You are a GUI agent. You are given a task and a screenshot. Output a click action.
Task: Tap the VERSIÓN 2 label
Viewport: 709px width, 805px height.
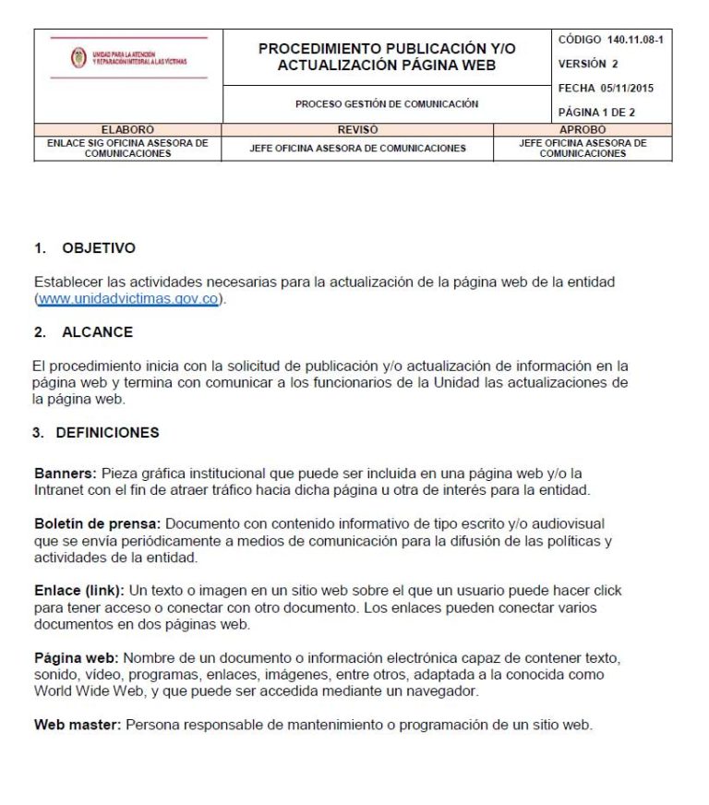(x=588, y=64)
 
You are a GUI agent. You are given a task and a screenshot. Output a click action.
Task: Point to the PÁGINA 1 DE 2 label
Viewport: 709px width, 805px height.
(x=596, y=113)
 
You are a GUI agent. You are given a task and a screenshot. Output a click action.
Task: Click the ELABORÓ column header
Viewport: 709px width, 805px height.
(x=127, y=130)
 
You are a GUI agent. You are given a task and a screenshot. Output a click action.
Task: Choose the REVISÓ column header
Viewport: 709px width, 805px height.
(x=357, y=130)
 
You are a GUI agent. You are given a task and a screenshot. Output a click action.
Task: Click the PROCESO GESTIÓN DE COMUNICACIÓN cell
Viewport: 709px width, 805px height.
(x=386, y=104)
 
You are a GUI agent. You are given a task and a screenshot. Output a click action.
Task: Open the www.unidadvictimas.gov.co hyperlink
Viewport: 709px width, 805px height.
(x=128, y=299)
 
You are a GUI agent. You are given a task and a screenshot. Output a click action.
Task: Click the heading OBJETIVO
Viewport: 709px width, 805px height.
(x=98, y=248)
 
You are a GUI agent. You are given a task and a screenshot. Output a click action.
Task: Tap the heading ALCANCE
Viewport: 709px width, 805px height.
(x=97, y=331)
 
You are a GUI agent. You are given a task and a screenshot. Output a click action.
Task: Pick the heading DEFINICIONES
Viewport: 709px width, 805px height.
(x=107, y=432)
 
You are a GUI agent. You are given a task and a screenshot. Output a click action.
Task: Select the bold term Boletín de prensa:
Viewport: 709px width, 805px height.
(x=98, y=523)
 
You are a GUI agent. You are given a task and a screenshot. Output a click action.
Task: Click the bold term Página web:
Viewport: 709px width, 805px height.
(x=77, y=657)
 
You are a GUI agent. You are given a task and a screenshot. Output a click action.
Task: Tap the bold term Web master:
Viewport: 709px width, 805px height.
(x=78, y=725)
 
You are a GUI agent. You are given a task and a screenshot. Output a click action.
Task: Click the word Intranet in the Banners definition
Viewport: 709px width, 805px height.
(x=59, y=489)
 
